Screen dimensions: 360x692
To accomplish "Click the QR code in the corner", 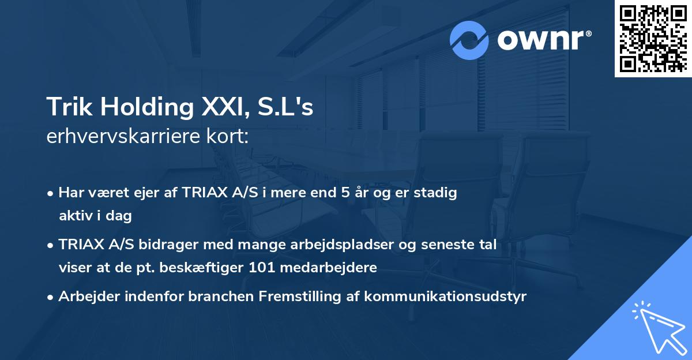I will (653, 39).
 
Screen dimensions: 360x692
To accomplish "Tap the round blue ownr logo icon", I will (469, 40).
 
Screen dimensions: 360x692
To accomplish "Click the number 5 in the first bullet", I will (345, 193).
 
